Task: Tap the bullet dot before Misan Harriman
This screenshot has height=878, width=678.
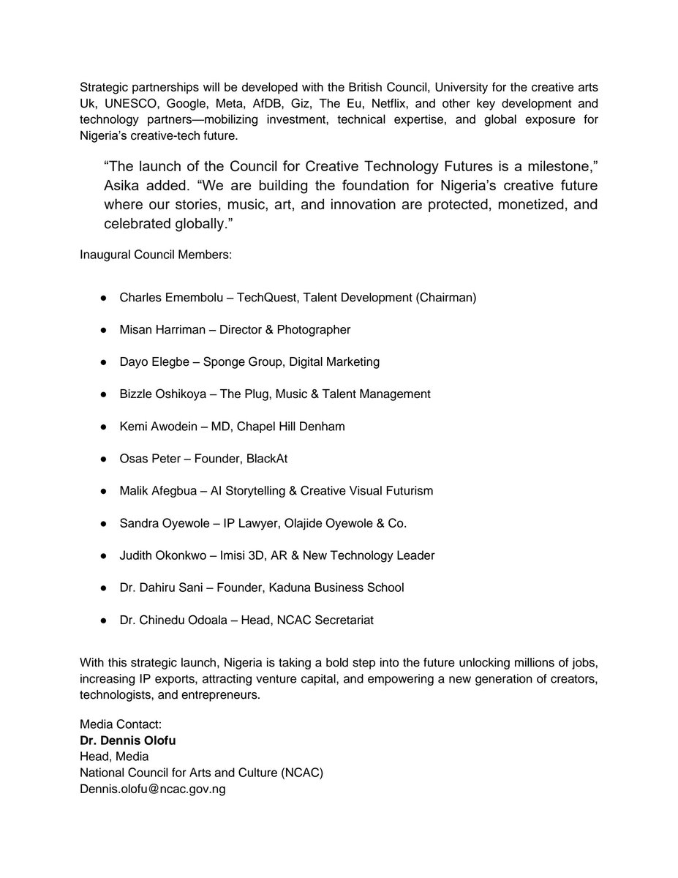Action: pos(104,330)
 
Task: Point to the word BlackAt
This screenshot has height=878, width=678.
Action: pos(257,459)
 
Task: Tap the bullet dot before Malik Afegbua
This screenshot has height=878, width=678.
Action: pos(104,491)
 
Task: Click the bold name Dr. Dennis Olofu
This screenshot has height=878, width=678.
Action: pos(128,740)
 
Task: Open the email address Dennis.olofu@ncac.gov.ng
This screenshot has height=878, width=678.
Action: pos(152,790)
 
